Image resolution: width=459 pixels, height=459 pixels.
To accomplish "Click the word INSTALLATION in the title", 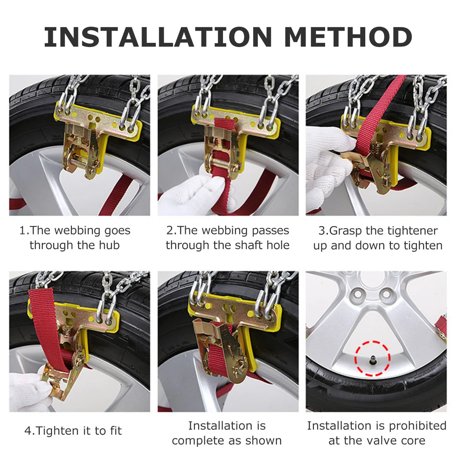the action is click(158, 37).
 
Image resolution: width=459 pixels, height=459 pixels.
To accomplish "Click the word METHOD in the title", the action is click(348, 37).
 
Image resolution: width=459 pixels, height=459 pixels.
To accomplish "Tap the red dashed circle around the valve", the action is click(372, 358).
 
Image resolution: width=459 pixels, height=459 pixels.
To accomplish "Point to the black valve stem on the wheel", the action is click(372, 360).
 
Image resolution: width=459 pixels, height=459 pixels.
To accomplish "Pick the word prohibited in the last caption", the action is click(418, 426).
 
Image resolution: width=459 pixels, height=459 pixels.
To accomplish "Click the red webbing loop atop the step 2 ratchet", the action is click(225, 124).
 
